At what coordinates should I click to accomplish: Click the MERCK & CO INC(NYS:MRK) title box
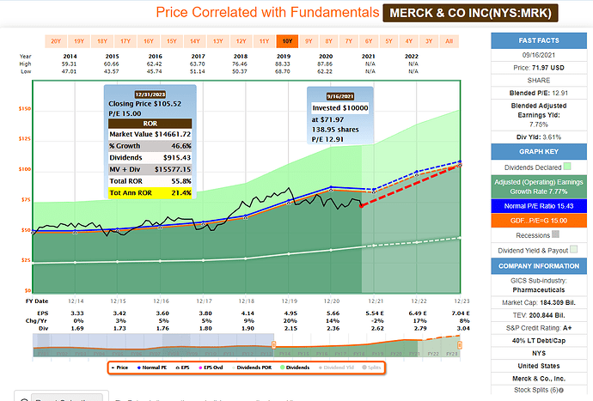coord(471,13)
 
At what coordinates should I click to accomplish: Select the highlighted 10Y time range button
coord(286,40)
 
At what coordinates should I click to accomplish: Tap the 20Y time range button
coord(56,40)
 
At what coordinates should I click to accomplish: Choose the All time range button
coord(449,40)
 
